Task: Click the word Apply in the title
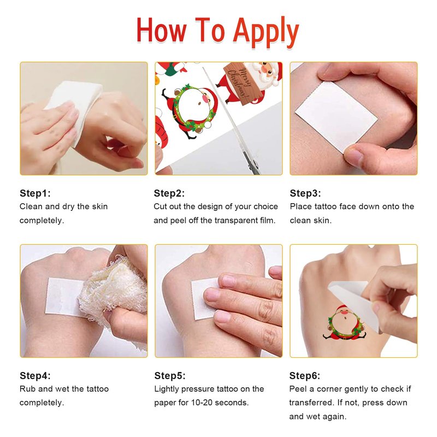265,32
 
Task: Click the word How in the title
161,30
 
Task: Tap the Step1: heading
35,193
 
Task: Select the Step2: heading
169,193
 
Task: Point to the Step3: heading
305,193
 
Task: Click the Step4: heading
35,375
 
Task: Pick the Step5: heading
170,375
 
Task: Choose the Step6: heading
305,375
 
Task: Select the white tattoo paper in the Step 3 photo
336,116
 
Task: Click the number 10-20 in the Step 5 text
201,403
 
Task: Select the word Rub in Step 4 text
28,389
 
